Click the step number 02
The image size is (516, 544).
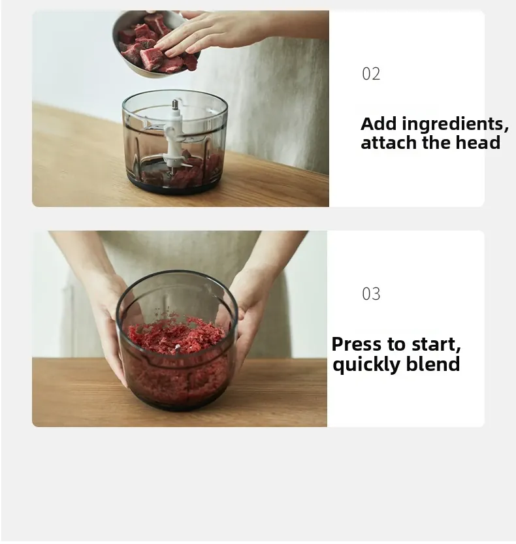point(371,74)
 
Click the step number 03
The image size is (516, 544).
point(371,294)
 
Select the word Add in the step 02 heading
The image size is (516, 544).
point(379,123)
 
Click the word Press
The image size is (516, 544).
point(357,344)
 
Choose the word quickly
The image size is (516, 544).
point(366,364)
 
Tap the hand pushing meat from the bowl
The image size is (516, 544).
point(222,33)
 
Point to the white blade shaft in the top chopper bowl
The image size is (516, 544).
point(174,135)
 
